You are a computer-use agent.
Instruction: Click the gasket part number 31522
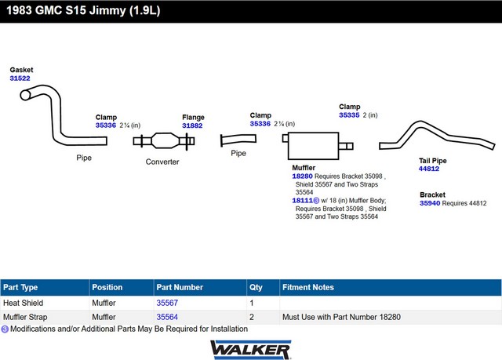coord(20,78)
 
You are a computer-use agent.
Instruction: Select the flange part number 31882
coord(192,125)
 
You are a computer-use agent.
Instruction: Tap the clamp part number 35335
coord(349,115)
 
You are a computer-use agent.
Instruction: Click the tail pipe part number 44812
coord(429,169)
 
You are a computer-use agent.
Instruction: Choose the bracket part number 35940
coord(430,203)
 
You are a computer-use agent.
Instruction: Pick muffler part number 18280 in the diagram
coord(302,176)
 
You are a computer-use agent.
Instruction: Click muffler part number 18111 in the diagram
coord(302,201)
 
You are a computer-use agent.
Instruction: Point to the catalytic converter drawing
coord(164,141)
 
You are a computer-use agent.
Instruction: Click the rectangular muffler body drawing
coord(313,146)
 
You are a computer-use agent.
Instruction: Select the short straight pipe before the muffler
coord(238,140)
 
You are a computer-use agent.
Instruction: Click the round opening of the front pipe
coord(25,95)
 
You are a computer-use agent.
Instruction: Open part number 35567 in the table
coord(167,303)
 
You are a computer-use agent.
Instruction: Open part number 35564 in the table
coord(167,317)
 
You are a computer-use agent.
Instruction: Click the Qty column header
coord(256,287)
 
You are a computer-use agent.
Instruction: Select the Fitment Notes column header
coord(308,287)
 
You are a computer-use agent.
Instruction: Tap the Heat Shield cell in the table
coord(23,303)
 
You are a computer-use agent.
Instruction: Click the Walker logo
coord(251,350)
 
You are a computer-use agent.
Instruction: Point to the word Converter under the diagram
coord(162,162)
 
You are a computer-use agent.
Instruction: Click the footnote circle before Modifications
coord(5,329)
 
